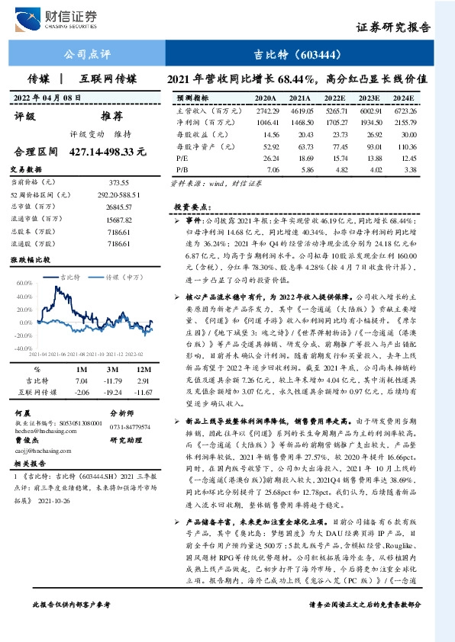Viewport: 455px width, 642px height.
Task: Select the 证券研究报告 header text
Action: click(394, 28)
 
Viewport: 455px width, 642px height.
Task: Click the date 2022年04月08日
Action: click(48, 98)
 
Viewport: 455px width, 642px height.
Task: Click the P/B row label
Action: click(182, 170)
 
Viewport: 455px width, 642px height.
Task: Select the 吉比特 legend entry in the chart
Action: click(71, 277)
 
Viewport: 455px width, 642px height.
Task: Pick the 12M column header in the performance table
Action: click(143, 369)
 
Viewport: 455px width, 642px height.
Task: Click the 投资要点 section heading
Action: click(190, 207)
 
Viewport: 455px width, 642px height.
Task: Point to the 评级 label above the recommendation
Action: click(25, 117)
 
